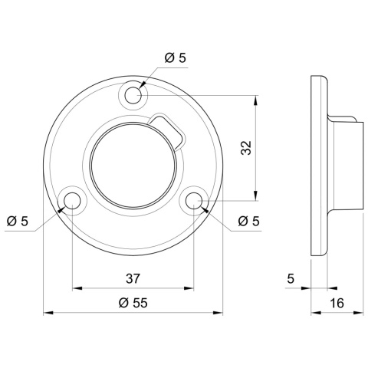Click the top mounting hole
[x=133, y=95]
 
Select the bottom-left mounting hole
[x=72, y=201]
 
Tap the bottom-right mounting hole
[x=194, y=201]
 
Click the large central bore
[x=133, y=166]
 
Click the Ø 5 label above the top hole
[x=176, y=58]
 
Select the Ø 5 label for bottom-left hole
[x=18, y=221]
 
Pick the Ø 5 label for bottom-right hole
[x=248, y=221]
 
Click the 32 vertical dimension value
[x=246, y=148]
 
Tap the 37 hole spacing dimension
[x=133, y=278]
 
